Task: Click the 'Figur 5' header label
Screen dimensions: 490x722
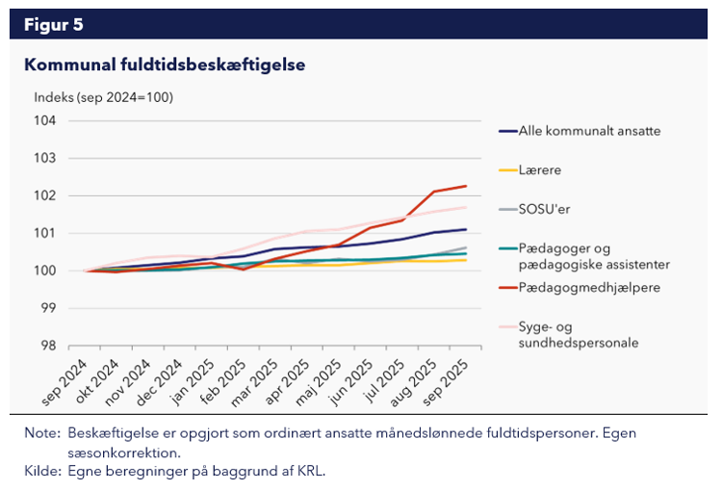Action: [53, 24]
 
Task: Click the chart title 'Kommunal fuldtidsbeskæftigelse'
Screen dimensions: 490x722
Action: [165, 65]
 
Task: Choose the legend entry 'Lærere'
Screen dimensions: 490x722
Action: [539, 169]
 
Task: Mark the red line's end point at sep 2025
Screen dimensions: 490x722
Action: [467, 186]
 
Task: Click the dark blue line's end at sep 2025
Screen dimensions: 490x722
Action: [467, 229]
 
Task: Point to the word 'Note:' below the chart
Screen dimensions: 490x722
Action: [42, 433]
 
